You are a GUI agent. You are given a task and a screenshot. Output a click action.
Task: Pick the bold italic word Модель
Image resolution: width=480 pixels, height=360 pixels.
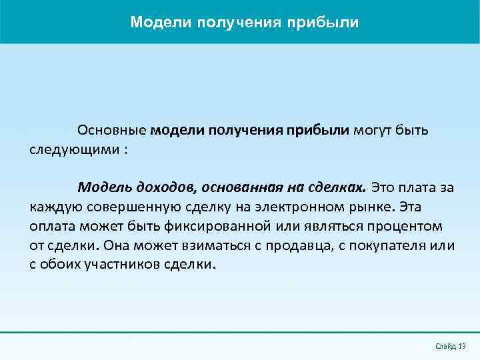click(x=103, y=187)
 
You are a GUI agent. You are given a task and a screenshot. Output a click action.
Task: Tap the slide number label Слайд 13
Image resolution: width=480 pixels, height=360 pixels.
click(x=450, y=345)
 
